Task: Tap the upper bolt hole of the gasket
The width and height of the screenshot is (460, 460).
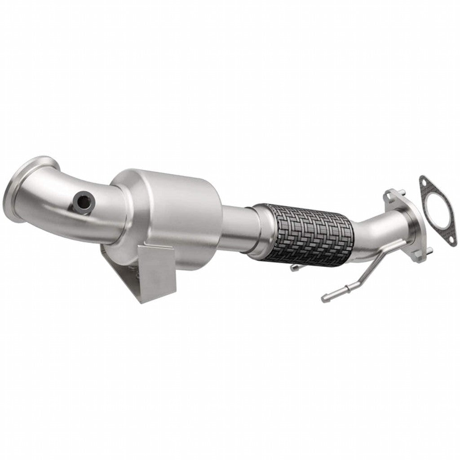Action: (424, 181)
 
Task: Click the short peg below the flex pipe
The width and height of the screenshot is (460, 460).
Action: (294, 268)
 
